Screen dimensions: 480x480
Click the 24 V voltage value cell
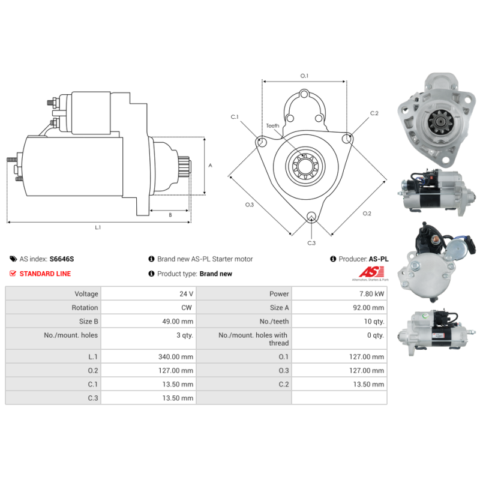pos(187,294)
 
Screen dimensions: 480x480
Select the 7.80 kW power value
pos(373,294)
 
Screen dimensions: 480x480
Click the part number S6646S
pos(62,259)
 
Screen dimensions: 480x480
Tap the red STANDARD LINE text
pos(45,274)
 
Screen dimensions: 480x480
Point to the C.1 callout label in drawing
pos(235,116)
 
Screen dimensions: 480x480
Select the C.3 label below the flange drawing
pos(311,243)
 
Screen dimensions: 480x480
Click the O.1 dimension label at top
pos(304,76)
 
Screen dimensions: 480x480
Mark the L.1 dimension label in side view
pos(98,228)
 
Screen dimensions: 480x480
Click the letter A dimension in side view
pos(209,165)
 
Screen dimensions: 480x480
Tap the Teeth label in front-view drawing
pos(273,126)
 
